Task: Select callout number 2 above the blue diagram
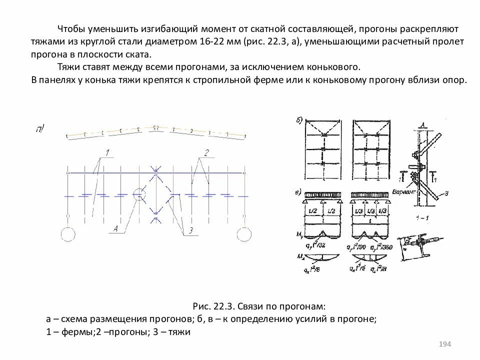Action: click(206, 151)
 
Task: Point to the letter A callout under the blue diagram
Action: click(115, 229)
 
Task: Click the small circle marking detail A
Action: click(139, 195)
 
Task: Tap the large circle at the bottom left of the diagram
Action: click(68, 234)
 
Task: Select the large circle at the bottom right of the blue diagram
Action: click(244, 234)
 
